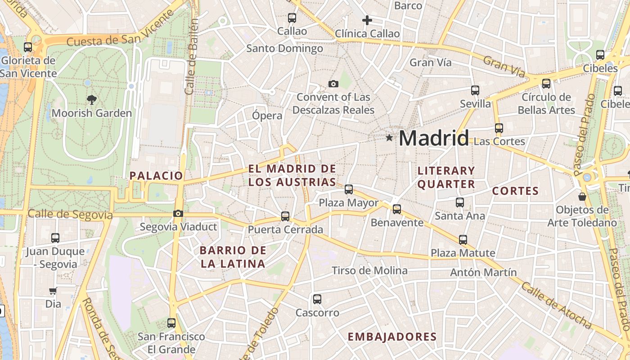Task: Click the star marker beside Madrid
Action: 389,138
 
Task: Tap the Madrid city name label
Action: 434,138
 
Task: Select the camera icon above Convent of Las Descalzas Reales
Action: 333,84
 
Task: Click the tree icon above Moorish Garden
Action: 92,100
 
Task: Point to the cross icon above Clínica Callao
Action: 367,20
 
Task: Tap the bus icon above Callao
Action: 292,18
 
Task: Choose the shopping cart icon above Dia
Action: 53,291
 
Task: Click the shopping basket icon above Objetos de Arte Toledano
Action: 582,197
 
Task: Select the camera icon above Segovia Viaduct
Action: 178,213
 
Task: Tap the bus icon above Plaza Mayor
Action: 349,189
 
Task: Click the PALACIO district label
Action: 157,176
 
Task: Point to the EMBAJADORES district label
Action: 392,337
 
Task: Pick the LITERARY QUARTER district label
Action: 446,177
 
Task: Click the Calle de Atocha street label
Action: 557,305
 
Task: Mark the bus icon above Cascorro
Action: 317,299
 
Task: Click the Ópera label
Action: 267,115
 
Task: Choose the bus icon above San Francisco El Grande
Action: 171,323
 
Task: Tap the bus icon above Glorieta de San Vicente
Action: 28,47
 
